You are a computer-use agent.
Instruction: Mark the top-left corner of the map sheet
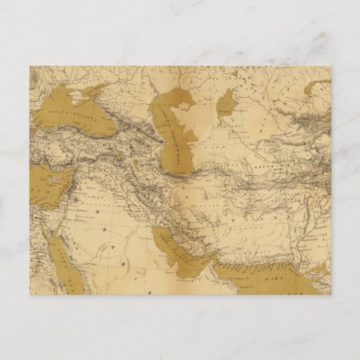(x=30, y=67)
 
